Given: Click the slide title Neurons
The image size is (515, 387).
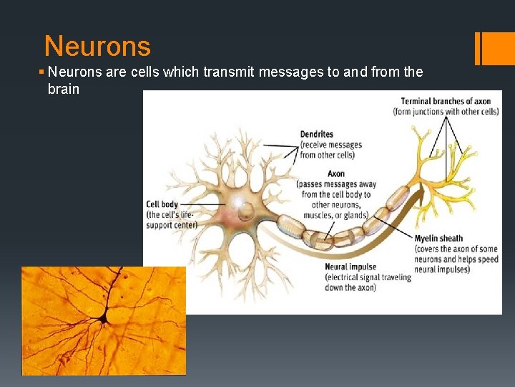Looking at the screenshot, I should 97,47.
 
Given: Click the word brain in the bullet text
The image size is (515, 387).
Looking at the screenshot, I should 63,90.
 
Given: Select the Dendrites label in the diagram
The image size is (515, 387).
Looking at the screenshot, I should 317,134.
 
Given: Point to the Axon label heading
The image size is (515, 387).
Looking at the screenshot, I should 335,174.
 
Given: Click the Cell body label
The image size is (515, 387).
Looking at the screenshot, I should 162,204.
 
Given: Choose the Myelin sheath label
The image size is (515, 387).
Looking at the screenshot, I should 438,239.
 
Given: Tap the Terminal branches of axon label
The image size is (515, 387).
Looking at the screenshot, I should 446,101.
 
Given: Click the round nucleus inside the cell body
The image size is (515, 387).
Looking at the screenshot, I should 245,211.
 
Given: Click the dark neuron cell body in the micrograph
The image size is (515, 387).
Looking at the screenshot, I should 104,316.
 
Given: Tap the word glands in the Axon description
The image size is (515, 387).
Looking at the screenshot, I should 354,215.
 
